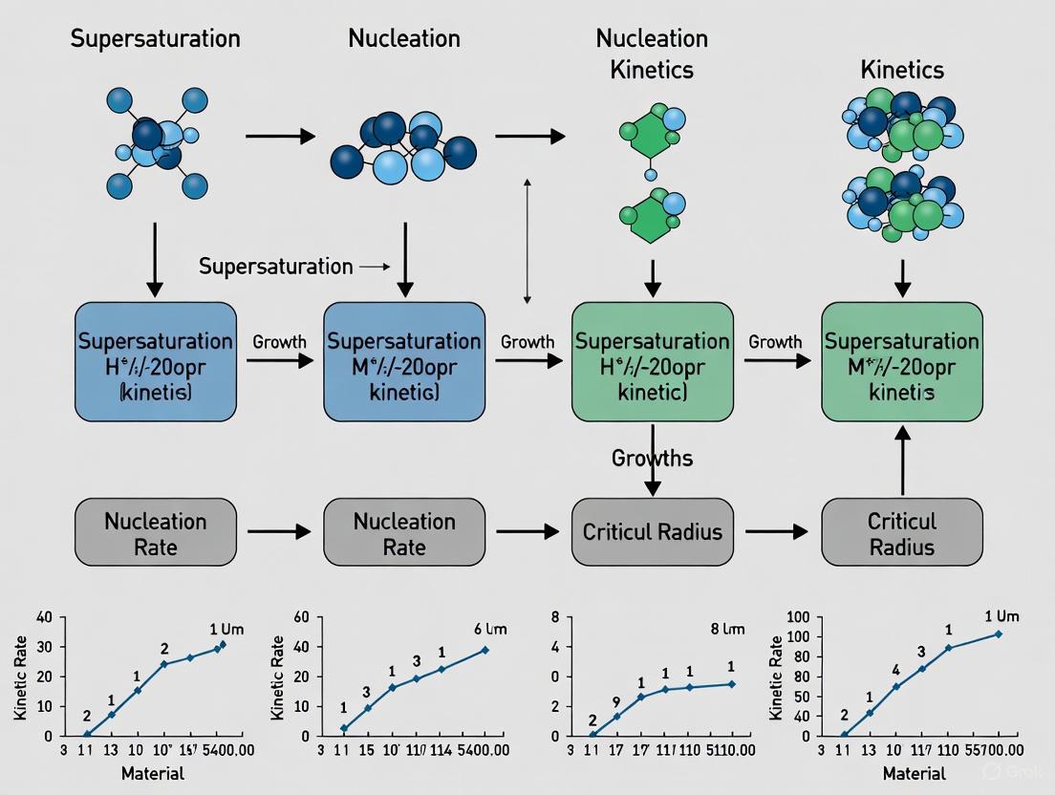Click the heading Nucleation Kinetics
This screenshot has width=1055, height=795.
(x=652, y=54)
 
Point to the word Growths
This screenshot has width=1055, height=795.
(x=652, y=459)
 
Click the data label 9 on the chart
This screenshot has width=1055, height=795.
(x=616, y=700)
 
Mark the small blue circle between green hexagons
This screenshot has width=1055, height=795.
(x=652, y=175)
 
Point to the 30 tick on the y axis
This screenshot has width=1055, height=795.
(x=44, y=647)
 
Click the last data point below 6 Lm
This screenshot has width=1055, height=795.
(x=484, y=650)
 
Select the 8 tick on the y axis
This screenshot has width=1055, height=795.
(x=553, y=617)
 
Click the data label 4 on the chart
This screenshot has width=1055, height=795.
(x=895, y=670)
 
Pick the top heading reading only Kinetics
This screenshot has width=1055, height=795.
(x=902, y=70)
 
